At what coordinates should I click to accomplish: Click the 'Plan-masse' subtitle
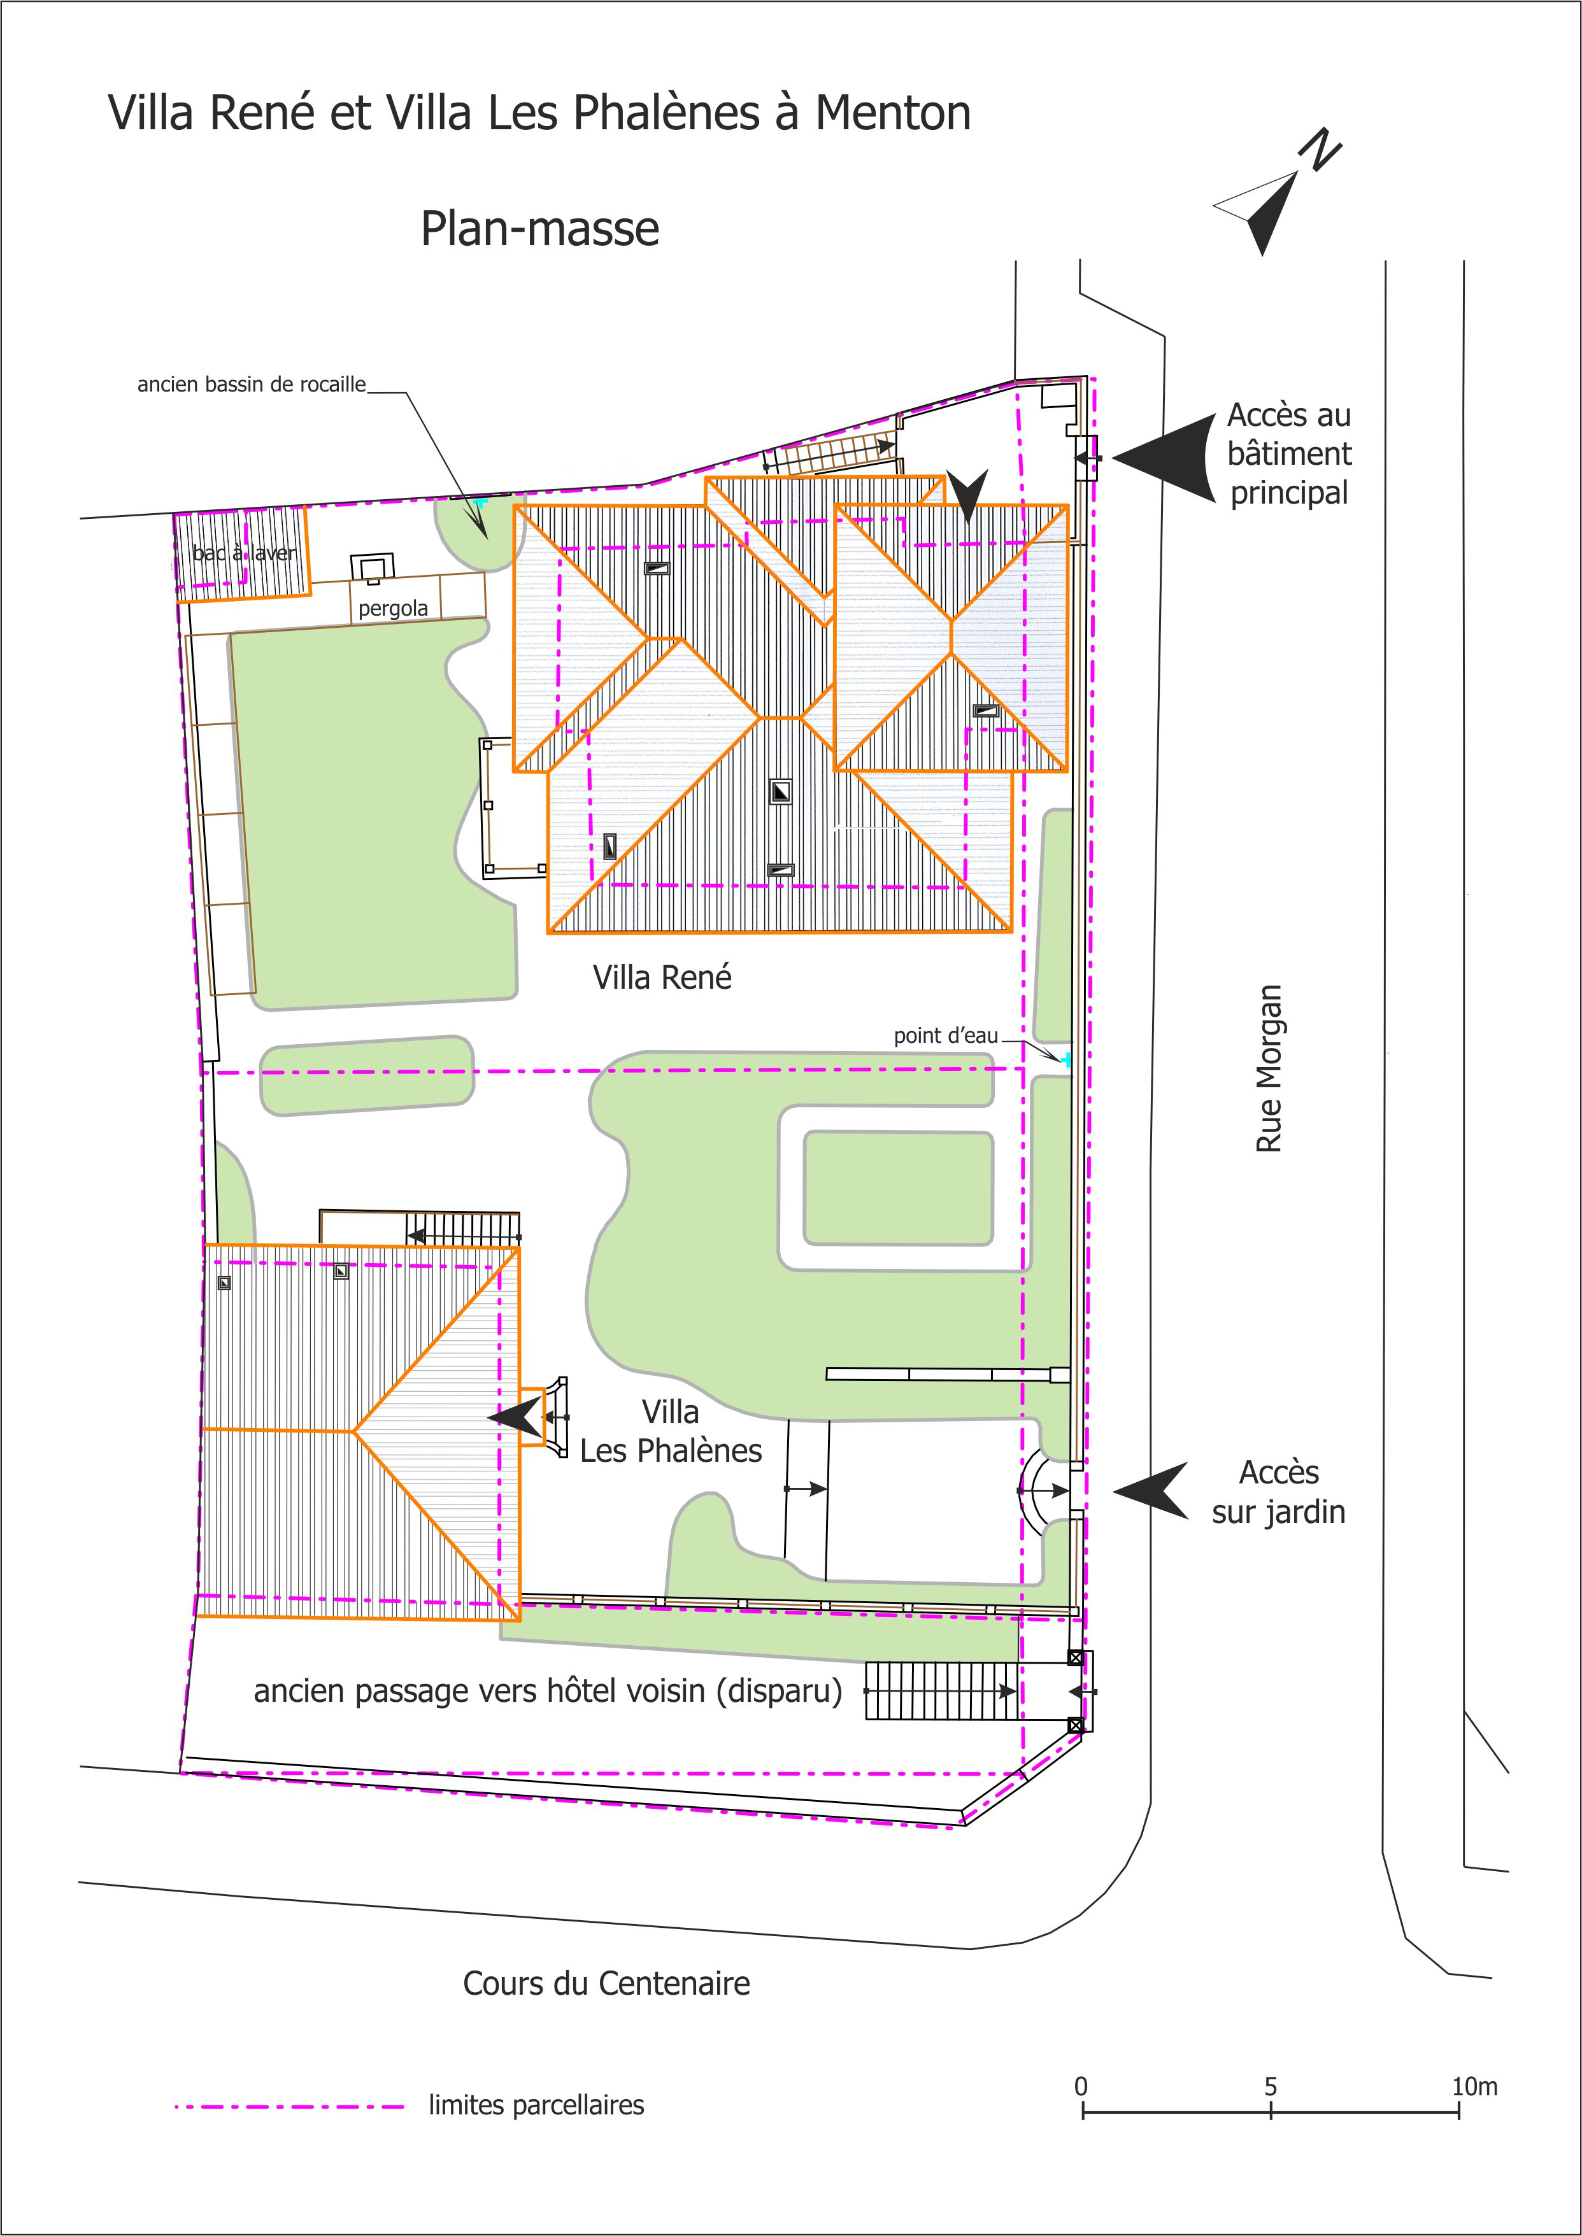pyautogui.click(x=539, y=229)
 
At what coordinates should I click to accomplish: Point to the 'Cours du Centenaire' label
pyautogui.click(x=606, y=1983)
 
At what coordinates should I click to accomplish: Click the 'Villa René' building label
pyautogui.click(x=662, y=977)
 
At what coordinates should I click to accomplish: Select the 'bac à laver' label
pyautogui.click(x=243, y=553)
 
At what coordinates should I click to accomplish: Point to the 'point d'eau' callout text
pyautogui.click(x=946, y=1035)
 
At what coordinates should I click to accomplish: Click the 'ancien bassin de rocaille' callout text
pyautogui.click(x=252, y=385)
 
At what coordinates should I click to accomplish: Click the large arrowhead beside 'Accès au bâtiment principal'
pyautogui.click(x=1165, y=456)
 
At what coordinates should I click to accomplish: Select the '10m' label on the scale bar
pyautogui.click(x=1474, y=2087)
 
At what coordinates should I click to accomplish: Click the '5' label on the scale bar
pyautogui.click(x=1271, y=2087)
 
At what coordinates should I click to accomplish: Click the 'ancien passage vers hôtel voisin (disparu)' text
pyautogui.click(x=548, y=1690)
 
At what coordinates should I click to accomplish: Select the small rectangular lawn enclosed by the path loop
pyautogui.click(x=898, y=1188)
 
